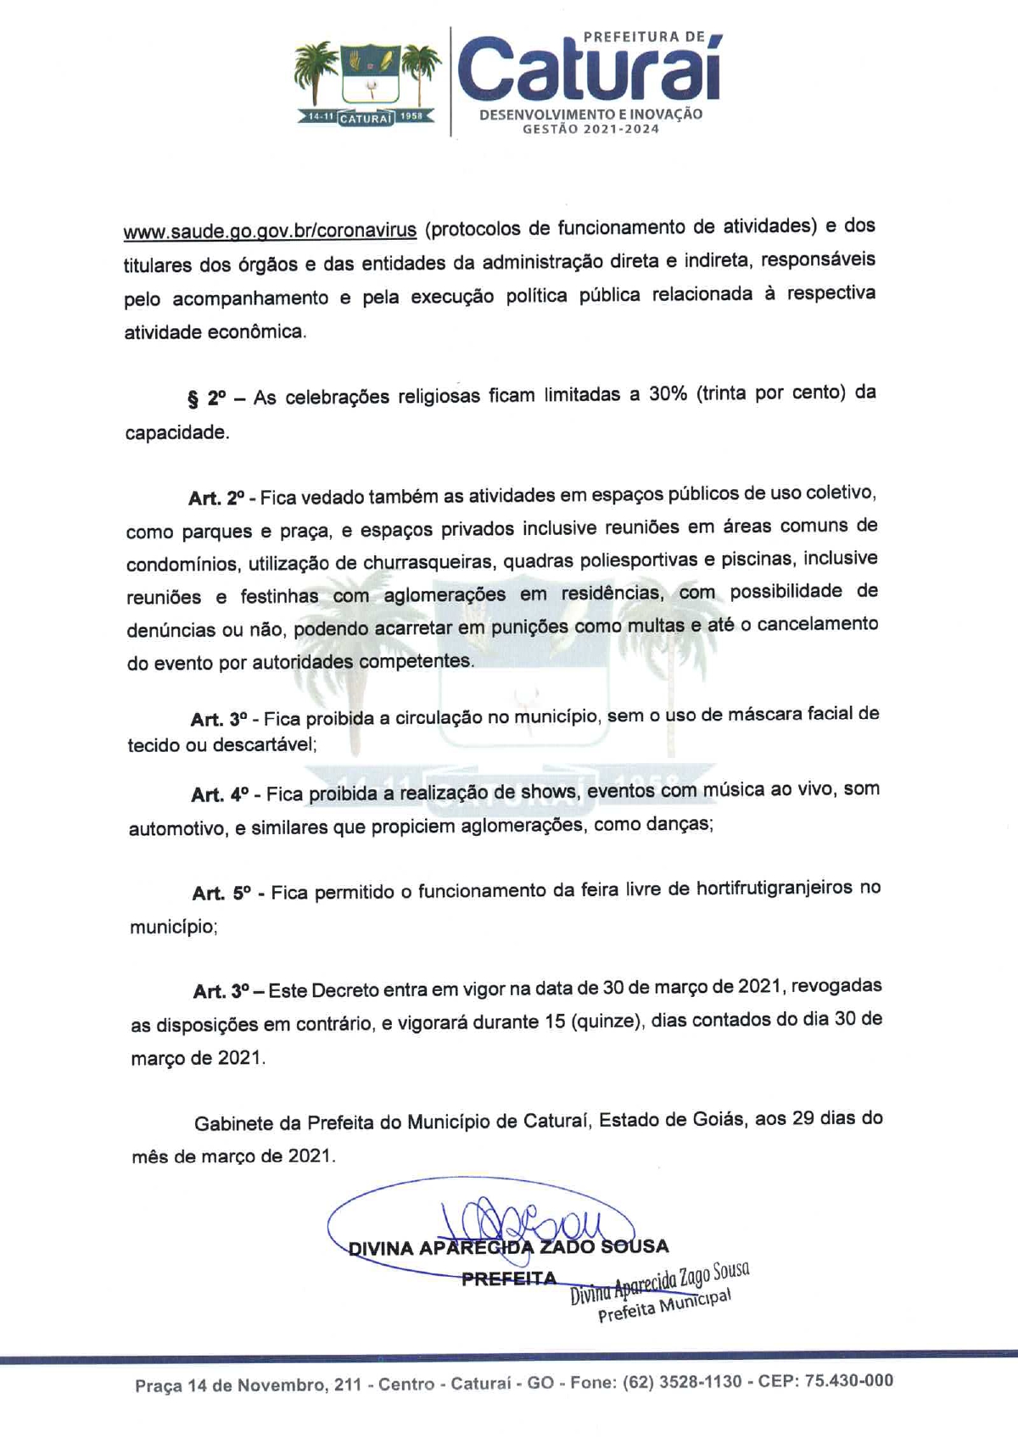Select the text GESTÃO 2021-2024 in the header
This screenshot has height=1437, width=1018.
click(x=590, y=129)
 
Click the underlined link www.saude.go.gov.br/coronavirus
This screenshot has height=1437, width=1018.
click(x=270, y=231)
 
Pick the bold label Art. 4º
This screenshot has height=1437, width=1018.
click(x=220, y=794)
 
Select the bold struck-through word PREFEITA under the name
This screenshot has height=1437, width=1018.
click(x=509, y=1278)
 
